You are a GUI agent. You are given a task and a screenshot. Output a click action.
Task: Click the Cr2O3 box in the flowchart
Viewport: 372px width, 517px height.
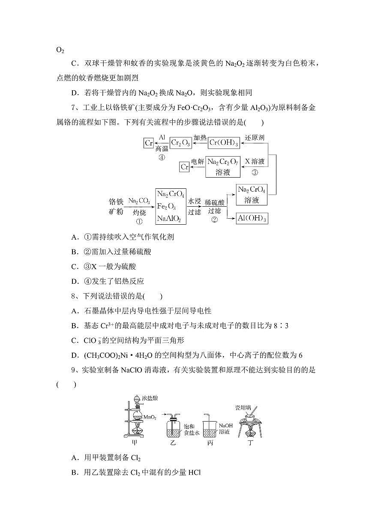coord(180,143)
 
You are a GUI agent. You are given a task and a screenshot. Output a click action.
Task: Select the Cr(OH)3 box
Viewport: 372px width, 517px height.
coord(224,143)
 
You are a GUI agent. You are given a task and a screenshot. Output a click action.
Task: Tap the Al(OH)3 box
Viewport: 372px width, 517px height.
coord(252,219)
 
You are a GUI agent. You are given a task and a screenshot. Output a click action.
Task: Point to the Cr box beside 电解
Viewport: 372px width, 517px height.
coord(185,167)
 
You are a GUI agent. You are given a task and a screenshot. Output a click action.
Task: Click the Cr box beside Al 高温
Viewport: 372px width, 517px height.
coord(149,143)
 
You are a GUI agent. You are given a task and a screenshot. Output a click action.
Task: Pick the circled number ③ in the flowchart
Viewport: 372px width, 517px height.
coord(255,173)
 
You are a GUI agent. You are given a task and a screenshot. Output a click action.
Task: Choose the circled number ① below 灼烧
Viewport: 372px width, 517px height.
coord(139,222)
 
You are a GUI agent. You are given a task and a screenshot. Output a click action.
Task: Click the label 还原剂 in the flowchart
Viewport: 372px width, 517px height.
coord(255,138)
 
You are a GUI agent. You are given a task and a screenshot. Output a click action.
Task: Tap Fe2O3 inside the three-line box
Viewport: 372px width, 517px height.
coord(166,207)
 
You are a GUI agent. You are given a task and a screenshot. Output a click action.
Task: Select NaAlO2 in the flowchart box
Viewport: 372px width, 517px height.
coord(168,219)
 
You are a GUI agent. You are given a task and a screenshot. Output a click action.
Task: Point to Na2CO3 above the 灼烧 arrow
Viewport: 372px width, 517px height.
coord(139,200)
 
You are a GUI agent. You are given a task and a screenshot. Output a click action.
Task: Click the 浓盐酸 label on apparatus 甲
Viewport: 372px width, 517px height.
coord(150,398)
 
